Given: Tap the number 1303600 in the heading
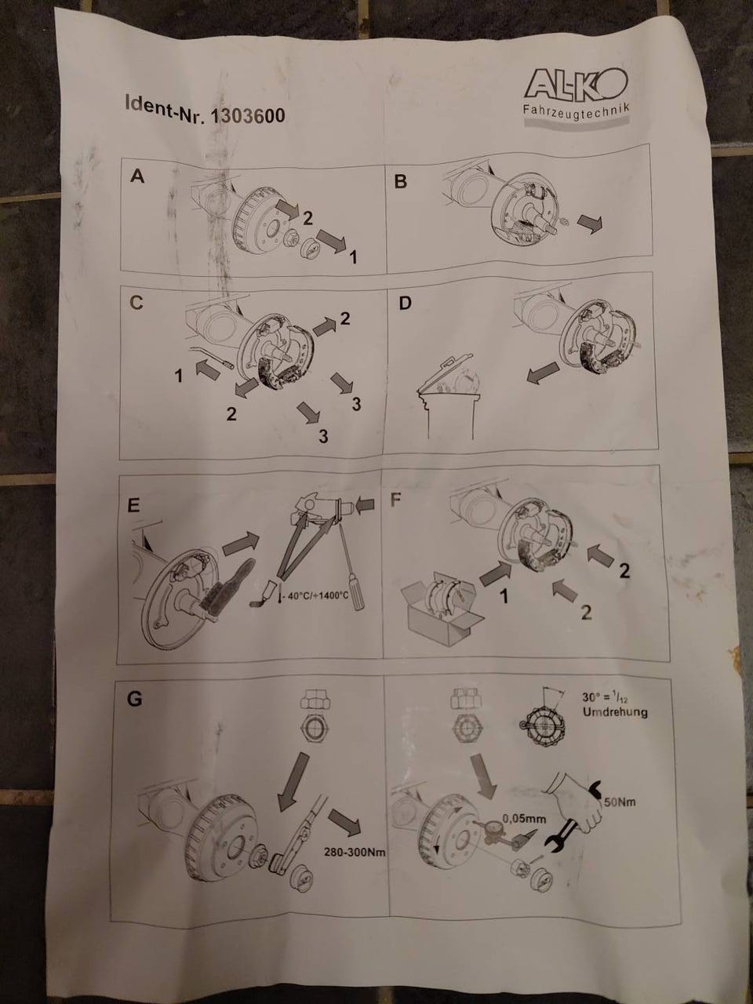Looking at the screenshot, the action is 247,115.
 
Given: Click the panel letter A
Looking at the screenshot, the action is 137,176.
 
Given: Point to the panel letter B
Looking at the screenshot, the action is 400,182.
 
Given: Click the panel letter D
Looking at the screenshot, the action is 405,303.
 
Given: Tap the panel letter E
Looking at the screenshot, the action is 133,507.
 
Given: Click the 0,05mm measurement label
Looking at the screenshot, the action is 525,819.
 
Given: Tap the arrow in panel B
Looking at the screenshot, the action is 590,224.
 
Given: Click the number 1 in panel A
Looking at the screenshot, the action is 353,257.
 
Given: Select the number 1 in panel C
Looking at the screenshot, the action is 179,376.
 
